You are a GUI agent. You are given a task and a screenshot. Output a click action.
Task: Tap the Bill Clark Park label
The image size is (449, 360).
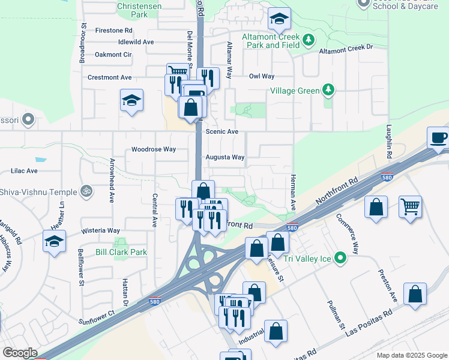(121, 253)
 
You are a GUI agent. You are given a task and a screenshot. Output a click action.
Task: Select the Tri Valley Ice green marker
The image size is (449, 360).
(341, 259)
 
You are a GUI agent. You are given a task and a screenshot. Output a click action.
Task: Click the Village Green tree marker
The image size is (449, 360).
(328, 91)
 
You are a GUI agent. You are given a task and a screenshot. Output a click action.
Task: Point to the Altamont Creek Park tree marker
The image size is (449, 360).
(309, 40)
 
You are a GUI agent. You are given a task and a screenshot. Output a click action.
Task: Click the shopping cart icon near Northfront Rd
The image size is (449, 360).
(410, 207)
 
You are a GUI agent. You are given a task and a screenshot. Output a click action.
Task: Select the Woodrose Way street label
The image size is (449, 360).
(154, 149)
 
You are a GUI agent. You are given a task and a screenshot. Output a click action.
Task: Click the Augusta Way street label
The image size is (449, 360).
(225, 157)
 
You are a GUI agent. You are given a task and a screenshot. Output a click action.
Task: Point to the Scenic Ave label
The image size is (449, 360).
(222, 131)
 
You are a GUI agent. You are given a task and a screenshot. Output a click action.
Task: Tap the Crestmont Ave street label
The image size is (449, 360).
(109, 77)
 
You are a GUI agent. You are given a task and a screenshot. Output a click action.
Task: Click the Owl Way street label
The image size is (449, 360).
(262, 76)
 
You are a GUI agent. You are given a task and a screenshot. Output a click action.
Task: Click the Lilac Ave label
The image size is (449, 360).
(24, 170)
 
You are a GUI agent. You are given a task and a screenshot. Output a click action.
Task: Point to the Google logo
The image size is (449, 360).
(20, 353)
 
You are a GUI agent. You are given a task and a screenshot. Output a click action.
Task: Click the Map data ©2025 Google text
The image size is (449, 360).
(411, 355)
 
